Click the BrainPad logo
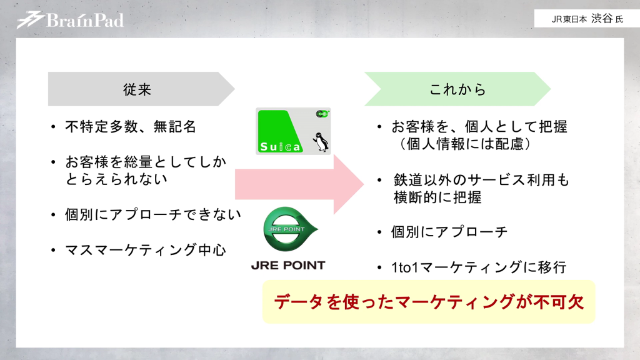pyautogui.click(x=70, y=20)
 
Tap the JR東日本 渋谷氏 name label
pyautogui.click(x=587, y=19)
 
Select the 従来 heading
pyautogui.click(x=137, y=89)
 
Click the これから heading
pyautogui.click(x=457, y=89)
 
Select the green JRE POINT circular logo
pyautogui.click(x=288, y=229)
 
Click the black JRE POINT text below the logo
pyautogui.click(x=288, y=265)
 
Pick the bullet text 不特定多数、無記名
pyautogui.click(x=131, y=127)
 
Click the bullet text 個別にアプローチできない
pyautogui.click(x=152, y=215)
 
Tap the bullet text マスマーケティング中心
pyautogui.click(x=145, y=251)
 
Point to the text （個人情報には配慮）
pyautogui.click(x=466, y=144)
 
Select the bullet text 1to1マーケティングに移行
pyautogui.click(x=478, y=267)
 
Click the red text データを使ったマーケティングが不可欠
pyautogui.click(x=428, y=302)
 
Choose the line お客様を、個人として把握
pyautogui.click(x=479, y=127)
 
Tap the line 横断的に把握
pyautogui.click(x=437, y=197)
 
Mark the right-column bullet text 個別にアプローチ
pyautogui.click(x=449, y=232)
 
